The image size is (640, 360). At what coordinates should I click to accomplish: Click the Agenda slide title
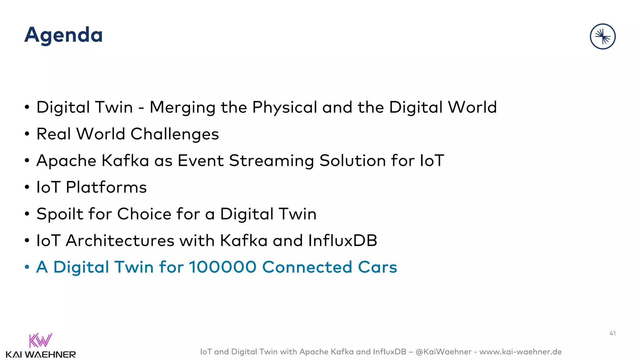pyautogui.click(x=63, y=35)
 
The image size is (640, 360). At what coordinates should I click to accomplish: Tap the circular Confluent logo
pyautogui.click(x=602, y=37)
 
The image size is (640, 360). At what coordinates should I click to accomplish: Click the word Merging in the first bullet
pyautogui.click(x=182, y=108)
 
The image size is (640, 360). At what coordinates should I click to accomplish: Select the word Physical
pyautogui.click(x=285, y=108)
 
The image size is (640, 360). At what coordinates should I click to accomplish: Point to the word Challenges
pyautogui.click(x=175, y=134)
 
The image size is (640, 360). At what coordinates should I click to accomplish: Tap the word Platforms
pyautogui.click(x=106, y=187)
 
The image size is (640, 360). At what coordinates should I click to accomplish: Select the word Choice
pyautogui.click(x=144, y=214)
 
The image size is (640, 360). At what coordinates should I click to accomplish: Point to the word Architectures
pyautogui.click(x=120, y=241)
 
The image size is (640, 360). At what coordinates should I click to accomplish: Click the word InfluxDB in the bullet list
pyautogui.click(x=342, y=241)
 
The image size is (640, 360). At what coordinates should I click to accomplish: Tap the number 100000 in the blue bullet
pyautogui.click(x=222, y=267)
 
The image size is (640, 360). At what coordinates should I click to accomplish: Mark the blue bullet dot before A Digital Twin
pyautogui.click(x=27, y=267)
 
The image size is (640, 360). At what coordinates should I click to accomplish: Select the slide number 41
pyautogui.click(x=612, y=333)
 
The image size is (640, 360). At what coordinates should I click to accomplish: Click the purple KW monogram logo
pyautogui.click(x=40, y=341)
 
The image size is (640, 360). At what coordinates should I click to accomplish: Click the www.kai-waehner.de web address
pyautogui.click(x=520, y=352)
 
